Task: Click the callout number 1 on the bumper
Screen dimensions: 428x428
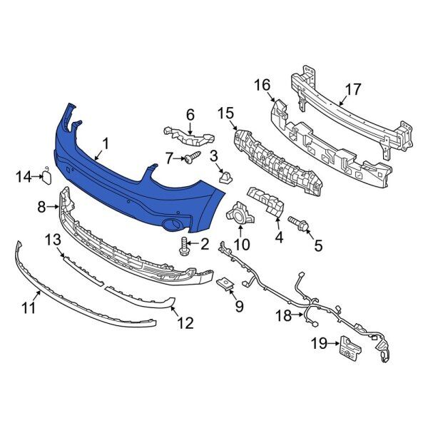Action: click(x=106, y=145)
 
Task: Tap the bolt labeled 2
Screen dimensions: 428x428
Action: click(x=185, y=245)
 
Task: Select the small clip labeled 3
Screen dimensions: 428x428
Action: click(x=225, y=176)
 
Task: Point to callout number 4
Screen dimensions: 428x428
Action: click(x=279, y=238)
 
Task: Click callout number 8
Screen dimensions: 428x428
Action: click(x=42, y=207)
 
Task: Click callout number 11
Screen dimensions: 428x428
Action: click(x=29, y=309)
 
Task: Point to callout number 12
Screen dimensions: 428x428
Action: click(x=185, y=322)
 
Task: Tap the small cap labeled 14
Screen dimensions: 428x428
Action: click(x=45, y=175)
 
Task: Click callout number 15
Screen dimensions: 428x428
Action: click(x=225, y=113)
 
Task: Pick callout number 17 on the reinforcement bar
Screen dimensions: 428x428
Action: click(x=353, y=91)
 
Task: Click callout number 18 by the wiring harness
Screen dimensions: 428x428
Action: click(x=284, y=314)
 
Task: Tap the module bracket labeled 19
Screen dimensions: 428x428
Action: click(x=348, y=345)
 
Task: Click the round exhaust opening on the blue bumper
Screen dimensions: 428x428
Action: click(x=172, y=225)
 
